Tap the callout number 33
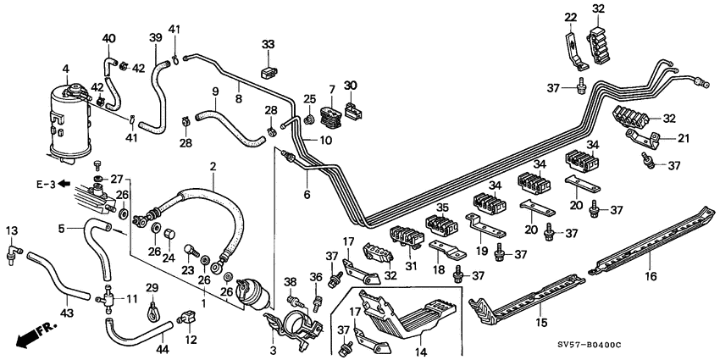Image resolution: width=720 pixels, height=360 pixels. click(269, 44)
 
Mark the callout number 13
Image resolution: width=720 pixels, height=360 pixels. click(12, 230)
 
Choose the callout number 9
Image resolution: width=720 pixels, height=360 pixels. click(215, 91)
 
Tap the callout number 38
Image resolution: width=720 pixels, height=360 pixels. click(291, 282)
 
